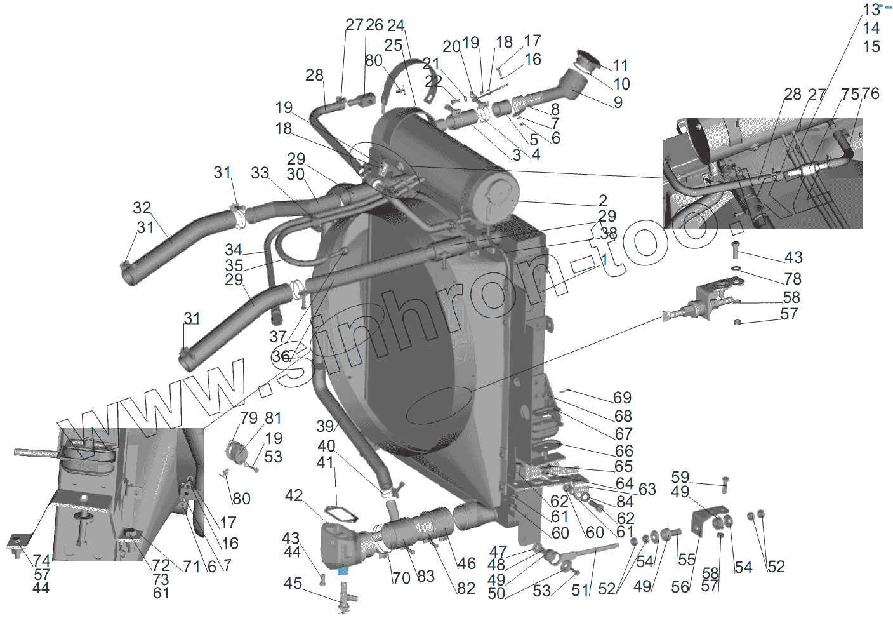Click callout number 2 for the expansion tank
pyautogui.click(x=602, y=201)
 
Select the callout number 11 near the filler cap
pyautogui.click(x=620, y=65)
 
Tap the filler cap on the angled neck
pyautogui.click(x=588, y=62)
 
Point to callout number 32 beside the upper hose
pyautogui.click(x=142, y=208)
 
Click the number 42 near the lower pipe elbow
pyautogui.click(x=294, y=495)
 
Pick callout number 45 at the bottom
pyautogui.click(x=293, y=583)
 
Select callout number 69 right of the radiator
pyautogui.click(x=622, y=398)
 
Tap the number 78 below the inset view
pyautogui.click(x=793, y=279)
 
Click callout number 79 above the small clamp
pyautogui.click(x=249, y=418)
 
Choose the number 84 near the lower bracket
pyautogui.click(x=625, y=502)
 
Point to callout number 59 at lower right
pyautogui.click(x=680, y=477)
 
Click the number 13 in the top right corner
pyautogui.click(x=871, y=10)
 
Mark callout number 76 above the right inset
pyautogui.click(x=871, y=94)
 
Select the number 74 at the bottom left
pyautogui.click(x=42, y=561)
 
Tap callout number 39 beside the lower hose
pyautogui.click(x=325, y=426)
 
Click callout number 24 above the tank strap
pyautogui.click(x=395, y=25)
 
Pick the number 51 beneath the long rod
pyautogui.click(x=580, y=590)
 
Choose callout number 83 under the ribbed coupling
pyautogui.click(x=425, y=576)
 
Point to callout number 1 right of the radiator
pyautogui.click(x=604, y=259)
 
